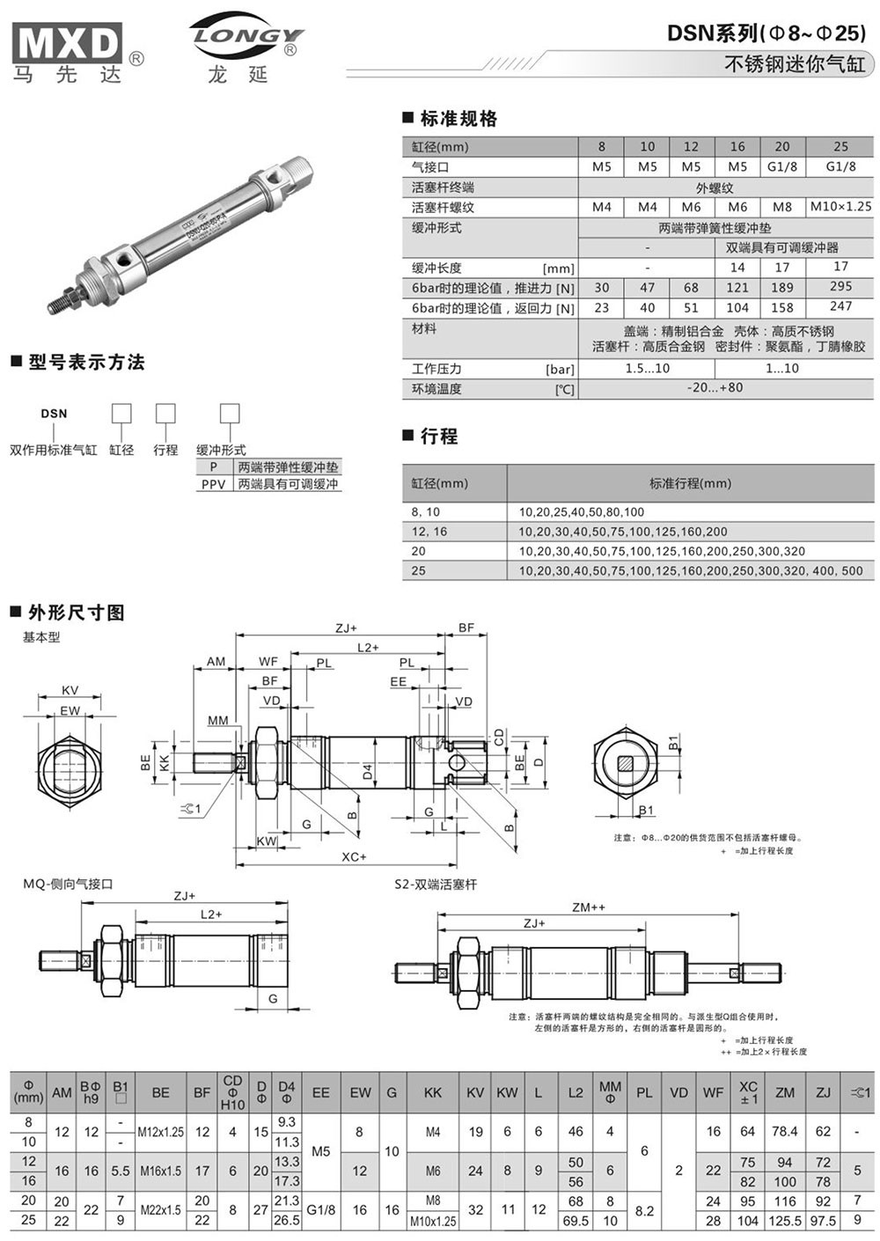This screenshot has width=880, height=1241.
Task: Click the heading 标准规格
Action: click(x=458, y=119)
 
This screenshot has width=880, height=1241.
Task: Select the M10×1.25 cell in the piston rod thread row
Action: click(x=840, y=207)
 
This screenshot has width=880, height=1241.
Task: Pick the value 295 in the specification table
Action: click(x=840, y=287)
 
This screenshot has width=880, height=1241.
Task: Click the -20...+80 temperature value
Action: click(x=715, y=388)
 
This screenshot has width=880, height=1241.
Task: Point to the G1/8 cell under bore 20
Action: click(x=781, y=166)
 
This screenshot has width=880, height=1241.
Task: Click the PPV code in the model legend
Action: click(x=213, y=484)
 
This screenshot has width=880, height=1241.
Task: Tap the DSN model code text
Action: click(x=54, y=413)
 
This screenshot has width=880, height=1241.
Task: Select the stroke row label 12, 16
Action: click(x=429, y=532)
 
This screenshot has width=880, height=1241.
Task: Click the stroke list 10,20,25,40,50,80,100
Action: click(x=582, y=511)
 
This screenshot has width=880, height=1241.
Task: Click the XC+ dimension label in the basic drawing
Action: click(x=354, y=856)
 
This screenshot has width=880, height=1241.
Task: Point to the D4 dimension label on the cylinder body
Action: click(x=368, y=774)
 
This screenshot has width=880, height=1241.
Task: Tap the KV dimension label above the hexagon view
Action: click(x=70, y=690)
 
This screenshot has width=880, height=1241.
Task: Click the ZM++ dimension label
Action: click(x=588, y=907)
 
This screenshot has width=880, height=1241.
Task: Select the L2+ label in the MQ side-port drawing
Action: click(x=211, y=914)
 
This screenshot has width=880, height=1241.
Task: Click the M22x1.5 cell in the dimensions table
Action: click(x=160, y=1210)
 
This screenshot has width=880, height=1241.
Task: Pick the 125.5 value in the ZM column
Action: click(x=784, y=1221)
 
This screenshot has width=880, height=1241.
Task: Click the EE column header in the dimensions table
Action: click(x=320, y=1092)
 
